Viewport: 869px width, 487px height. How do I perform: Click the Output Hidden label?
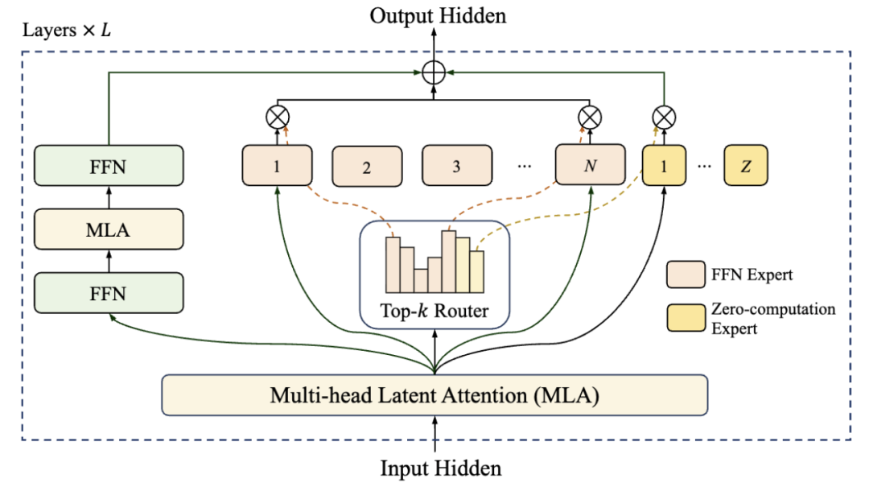(439, 15)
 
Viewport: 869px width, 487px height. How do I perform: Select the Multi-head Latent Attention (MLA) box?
(434, 395)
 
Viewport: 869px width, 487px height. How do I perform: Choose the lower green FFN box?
(109, 294)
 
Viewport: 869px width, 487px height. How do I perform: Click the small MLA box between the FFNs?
(109, 230)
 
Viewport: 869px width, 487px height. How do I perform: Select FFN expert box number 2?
(367, 167)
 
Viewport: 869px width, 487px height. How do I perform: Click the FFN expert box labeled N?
(591, 166)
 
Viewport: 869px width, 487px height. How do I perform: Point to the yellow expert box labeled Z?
(745, 167)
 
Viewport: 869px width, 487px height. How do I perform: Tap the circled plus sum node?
(434, 73)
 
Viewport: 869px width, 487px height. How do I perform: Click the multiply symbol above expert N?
(591, 118)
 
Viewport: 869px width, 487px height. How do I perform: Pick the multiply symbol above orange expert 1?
(276, 118)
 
